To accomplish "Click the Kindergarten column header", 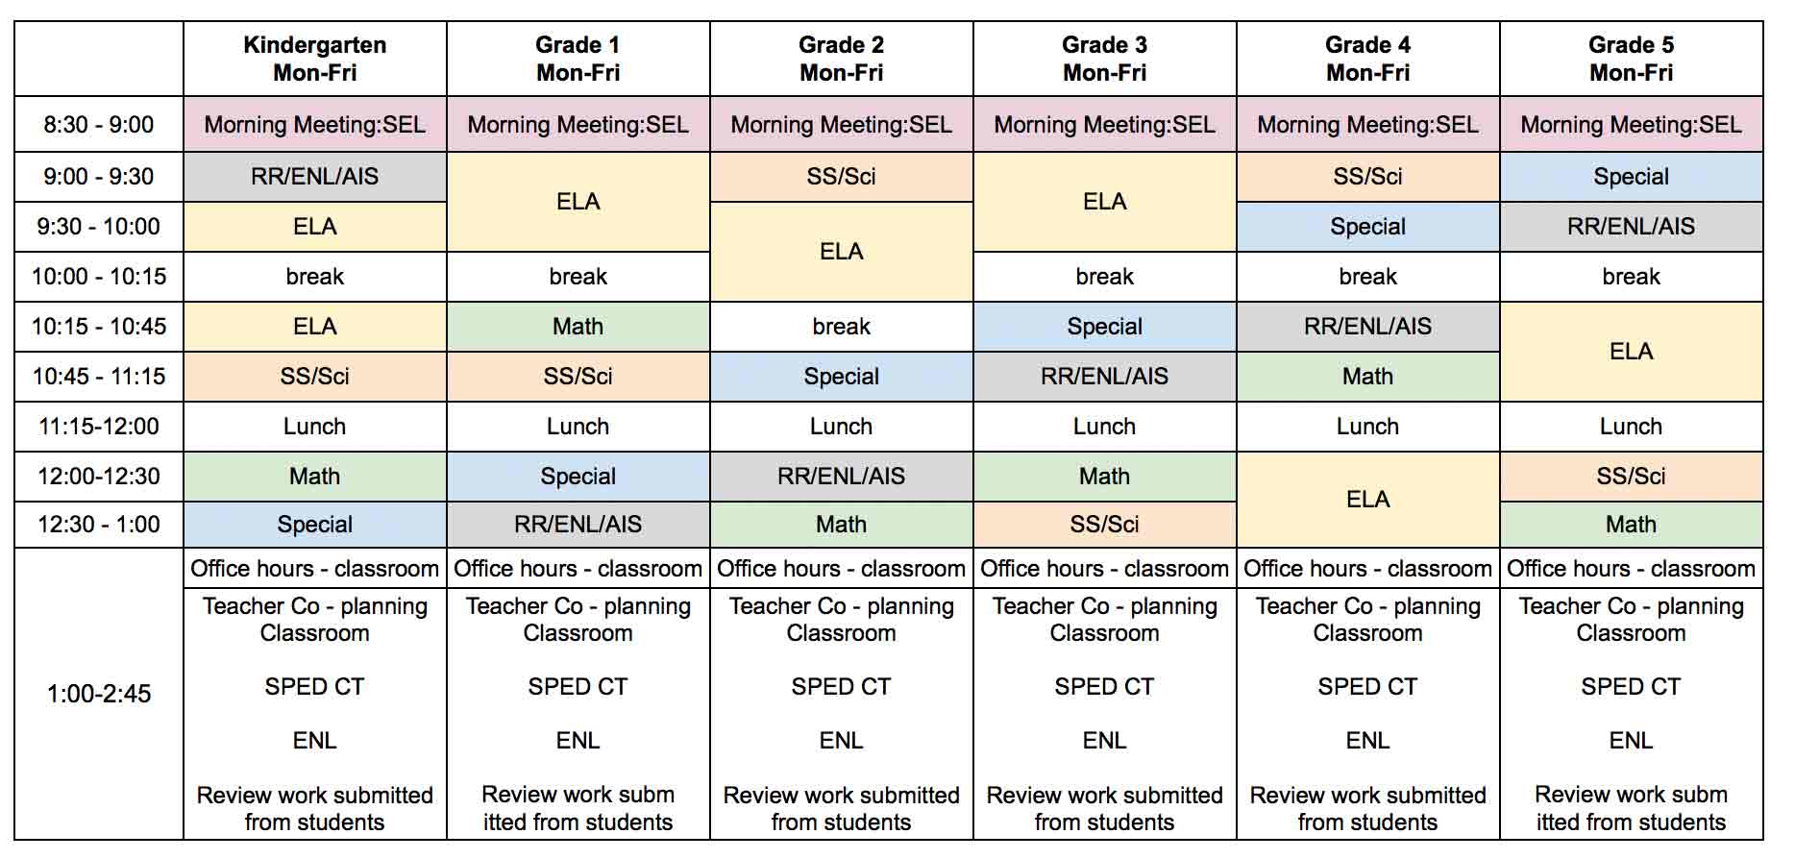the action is pos(314,59).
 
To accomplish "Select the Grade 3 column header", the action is pos(1104,59).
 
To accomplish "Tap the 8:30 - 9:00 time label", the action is pos(98,124).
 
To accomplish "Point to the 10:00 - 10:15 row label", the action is pos(98,277).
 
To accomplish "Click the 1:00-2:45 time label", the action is pos(98,694).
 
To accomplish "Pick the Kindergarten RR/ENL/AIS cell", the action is pos(314,177).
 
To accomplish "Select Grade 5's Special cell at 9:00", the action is pos(1631,177).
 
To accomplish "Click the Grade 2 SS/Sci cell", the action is pos(841,177).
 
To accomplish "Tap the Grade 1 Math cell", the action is pos(578,327).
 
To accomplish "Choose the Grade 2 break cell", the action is pos(841,327).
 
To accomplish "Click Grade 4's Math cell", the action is pos(1367,377).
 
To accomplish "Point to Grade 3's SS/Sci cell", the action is pos(1104,525).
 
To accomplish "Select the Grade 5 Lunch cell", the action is pos(1631,427).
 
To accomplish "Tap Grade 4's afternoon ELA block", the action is pos(1367,500).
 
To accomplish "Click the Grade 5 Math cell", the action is pos(1631,525).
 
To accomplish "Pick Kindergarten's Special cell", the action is pos(314,525).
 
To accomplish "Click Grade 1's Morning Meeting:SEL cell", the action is pos(578,124).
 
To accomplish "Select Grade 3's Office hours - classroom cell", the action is pos(1104,569).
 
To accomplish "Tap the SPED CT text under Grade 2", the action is pos(841,687).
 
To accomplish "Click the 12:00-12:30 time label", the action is pos(98,477).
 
